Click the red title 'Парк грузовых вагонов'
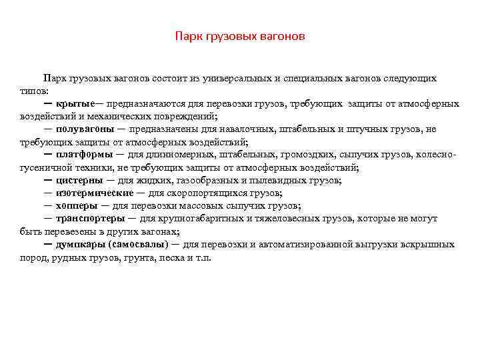(240, 36)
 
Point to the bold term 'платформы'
(81, 155)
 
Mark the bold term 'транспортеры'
(90, 218)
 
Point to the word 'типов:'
(35, 91)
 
